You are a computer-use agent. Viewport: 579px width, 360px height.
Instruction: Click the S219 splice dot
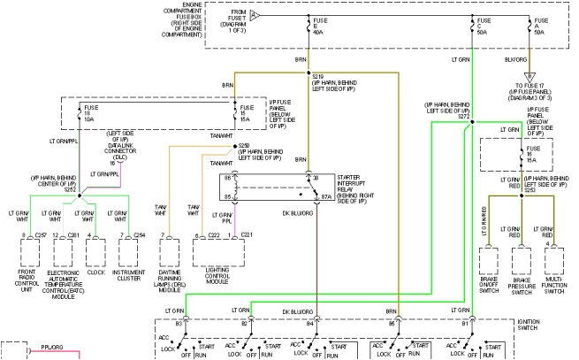point(307,73)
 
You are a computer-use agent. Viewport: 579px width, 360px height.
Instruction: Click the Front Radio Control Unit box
point(30,252)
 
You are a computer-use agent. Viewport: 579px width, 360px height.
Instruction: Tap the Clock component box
point(95,252)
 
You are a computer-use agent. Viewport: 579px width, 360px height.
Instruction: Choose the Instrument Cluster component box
point(131,252)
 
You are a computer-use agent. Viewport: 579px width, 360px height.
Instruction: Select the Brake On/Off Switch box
point(489,263)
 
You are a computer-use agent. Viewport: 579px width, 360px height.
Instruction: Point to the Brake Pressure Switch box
point(522,263)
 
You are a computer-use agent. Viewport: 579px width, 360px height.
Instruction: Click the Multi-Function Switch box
point(554,263)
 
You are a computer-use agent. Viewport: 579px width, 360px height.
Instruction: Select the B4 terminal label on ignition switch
point(309,325)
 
